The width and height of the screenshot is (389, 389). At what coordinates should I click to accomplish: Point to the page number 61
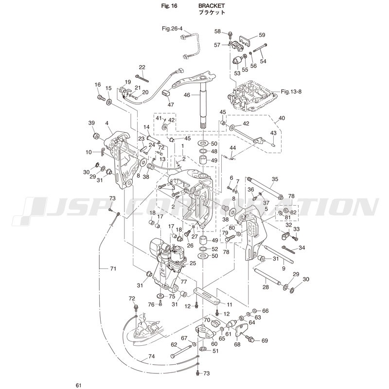tap(79, 386)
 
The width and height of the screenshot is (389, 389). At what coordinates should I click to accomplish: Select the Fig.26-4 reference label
tap(172, 29)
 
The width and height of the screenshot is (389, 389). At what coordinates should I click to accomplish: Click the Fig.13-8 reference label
tap(292, 91)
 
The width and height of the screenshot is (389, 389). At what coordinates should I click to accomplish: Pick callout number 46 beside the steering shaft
tap(186, 95)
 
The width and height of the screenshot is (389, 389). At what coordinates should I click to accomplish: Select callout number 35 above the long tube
tap(275, 179)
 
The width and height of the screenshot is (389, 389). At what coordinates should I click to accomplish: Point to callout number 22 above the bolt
tap(142, 67)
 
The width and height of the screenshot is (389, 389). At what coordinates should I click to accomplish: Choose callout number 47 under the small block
tap(171, 105)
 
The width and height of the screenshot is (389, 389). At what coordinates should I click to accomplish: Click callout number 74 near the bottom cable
tap(151, 356)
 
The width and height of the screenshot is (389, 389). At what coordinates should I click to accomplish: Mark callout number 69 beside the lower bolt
tap(265, 340)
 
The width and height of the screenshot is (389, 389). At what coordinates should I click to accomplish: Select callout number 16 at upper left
tap(97, 85)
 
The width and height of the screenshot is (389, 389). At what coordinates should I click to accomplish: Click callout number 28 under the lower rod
tap(265, 287)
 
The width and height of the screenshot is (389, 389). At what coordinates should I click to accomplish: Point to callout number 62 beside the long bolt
tap(174, 344)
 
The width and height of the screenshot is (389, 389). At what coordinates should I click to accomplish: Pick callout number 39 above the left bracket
tap(91, 123)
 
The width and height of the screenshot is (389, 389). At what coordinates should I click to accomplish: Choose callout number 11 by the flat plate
tap(229, 304)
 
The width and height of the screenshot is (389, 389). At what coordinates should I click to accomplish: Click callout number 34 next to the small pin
tap(302, 248)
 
